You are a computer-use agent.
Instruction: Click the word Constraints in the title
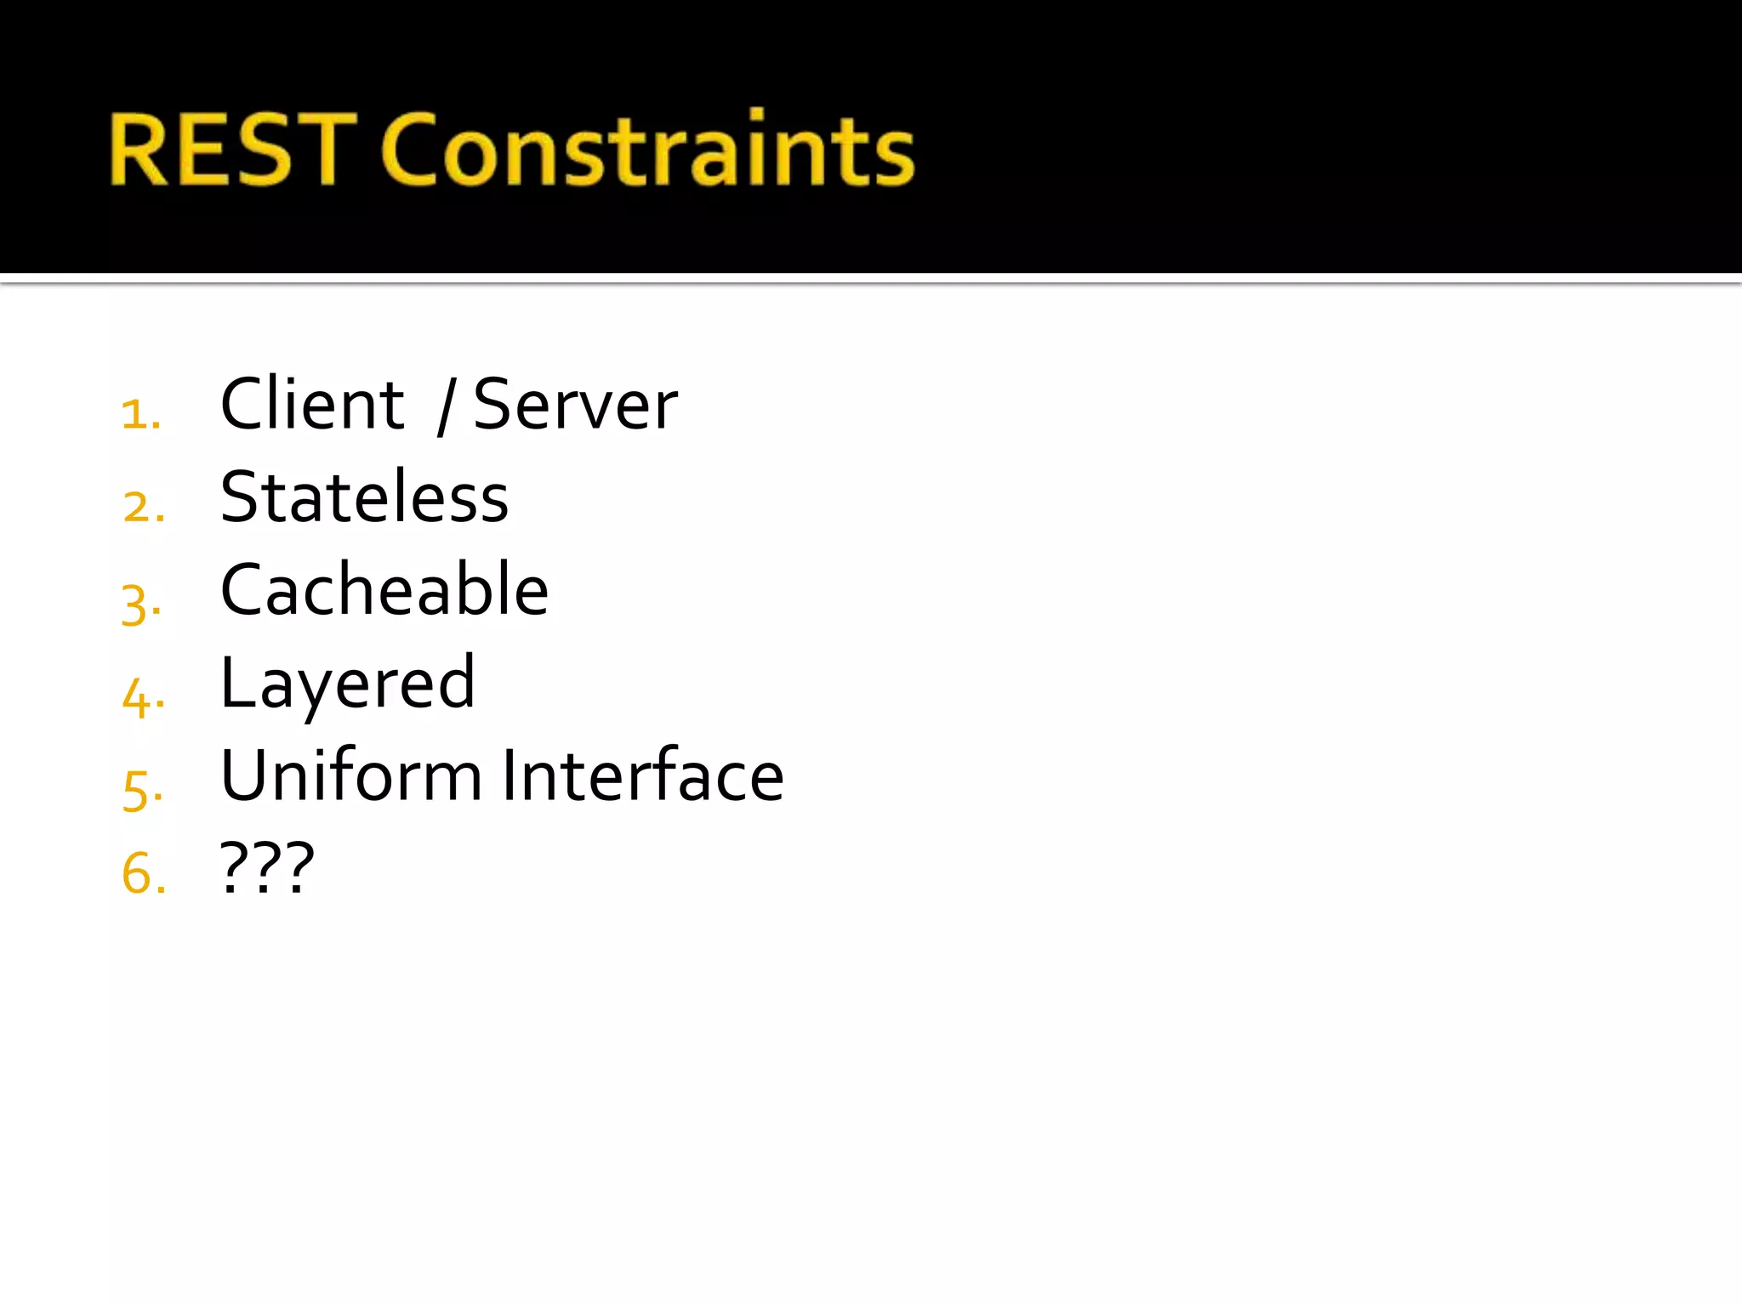647,150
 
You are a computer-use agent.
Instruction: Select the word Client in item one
311,405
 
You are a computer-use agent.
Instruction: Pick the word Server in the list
575,405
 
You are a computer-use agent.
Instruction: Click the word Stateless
364,497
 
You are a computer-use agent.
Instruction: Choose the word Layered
347,684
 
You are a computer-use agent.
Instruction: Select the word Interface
643,775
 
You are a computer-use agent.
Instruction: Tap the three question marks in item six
267,868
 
